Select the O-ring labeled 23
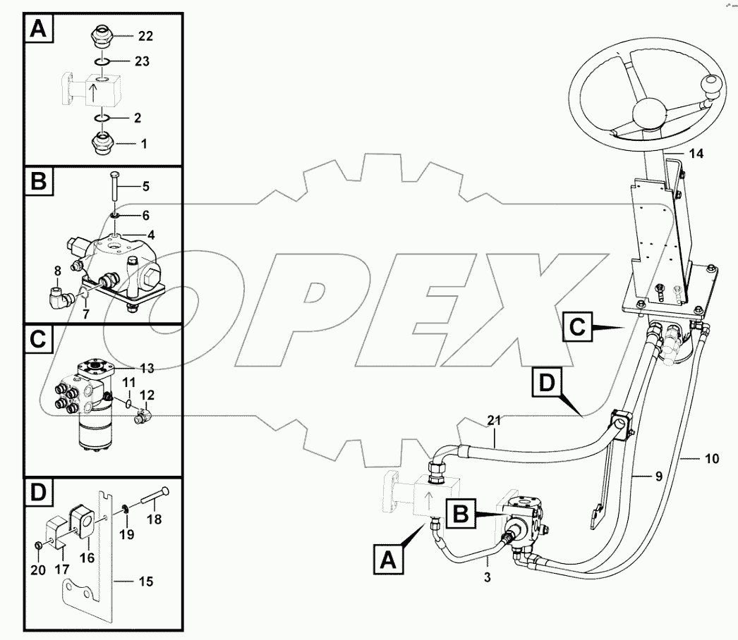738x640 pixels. tap(102, 61)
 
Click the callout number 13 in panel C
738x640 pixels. tap(146, 367)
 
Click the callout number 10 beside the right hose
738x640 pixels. tap(712, 459)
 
